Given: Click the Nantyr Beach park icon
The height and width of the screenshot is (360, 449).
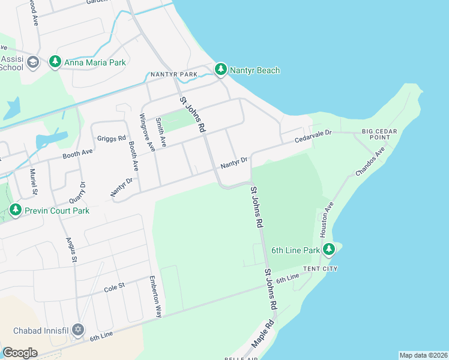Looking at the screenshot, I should [221, 70].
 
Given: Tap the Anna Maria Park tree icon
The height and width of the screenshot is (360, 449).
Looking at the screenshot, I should [55, 61].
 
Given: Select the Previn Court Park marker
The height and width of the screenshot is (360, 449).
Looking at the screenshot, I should [15, 211].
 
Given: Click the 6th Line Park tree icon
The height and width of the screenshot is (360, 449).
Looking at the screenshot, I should [328, 249].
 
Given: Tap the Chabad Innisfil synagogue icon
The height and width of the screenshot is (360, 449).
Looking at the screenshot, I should [77, 331].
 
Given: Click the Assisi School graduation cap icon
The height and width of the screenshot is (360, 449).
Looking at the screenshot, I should [33, 62].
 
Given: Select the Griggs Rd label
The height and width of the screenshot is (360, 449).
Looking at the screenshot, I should [114, 137].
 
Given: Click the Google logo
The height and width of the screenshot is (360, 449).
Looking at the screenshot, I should [19, 353].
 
